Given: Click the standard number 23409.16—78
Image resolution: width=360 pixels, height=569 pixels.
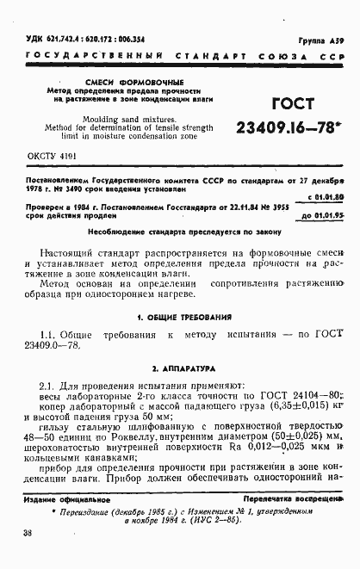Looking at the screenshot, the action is click(283, 130).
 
